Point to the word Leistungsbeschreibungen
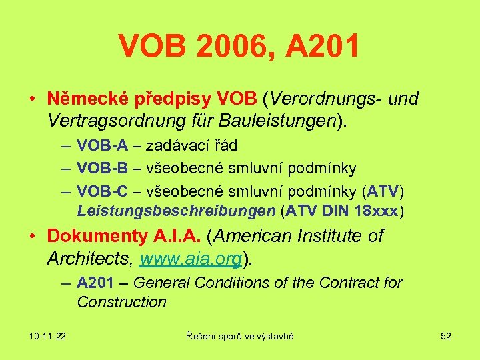pyautogui.click(x=176, y=211)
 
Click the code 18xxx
pyautogui.click(x=375, y=211)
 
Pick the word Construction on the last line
pyautogui.click(x=121, y=302)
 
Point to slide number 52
pyautogui.click(x=446, y=336)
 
